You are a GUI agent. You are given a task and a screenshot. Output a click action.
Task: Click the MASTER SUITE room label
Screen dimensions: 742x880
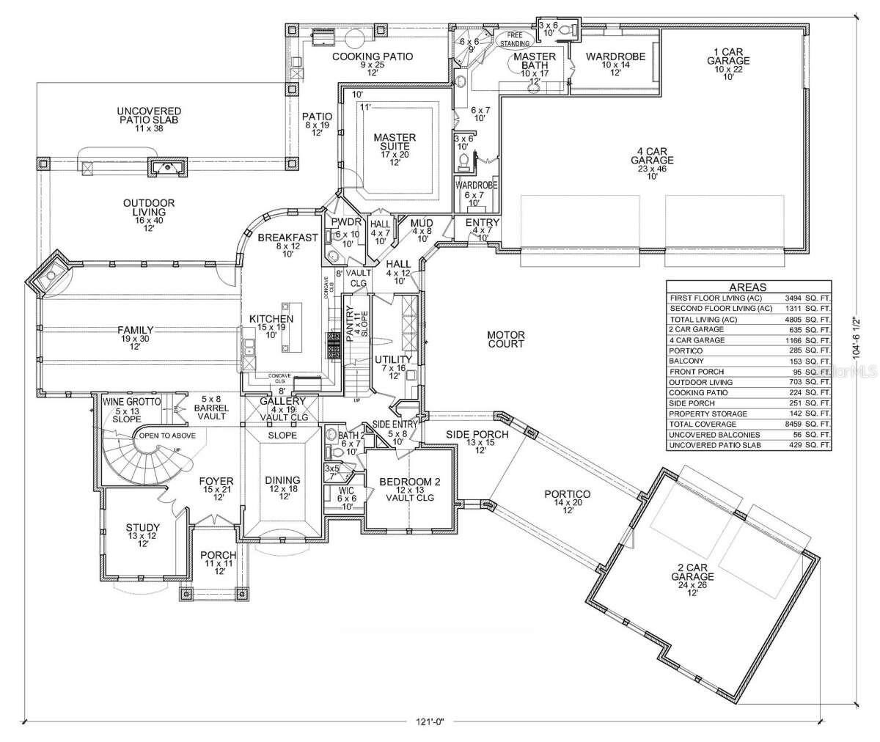point(395,143)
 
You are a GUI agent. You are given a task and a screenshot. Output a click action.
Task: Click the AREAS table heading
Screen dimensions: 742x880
point(748,287)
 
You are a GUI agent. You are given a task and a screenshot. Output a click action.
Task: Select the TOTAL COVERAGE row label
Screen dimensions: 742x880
point(702,423)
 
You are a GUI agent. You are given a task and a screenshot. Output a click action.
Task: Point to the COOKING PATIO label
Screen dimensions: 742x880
point(373,56)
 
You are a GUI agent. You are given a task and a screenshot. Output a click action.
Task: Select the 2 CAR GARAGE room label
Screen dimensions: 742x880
point(696,572)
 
